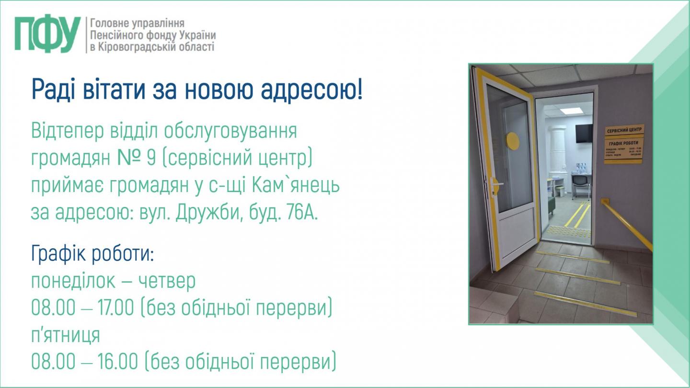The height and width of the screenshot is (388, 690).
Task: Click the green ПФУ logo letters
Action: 47,34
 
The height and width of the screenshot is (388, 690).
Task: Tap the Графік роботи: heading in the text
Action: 92,254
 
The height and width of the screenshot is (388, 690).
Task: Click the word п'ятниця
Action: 66,335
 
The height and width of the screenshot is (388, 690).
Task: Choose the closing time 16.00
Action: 116,362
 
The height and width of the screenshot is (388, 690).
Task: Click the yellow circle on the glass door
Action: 513,140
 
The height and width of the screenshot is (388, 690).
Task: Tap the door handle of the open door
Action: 495,183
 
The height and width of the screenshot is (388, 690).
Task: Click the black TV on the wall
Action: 584,133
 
